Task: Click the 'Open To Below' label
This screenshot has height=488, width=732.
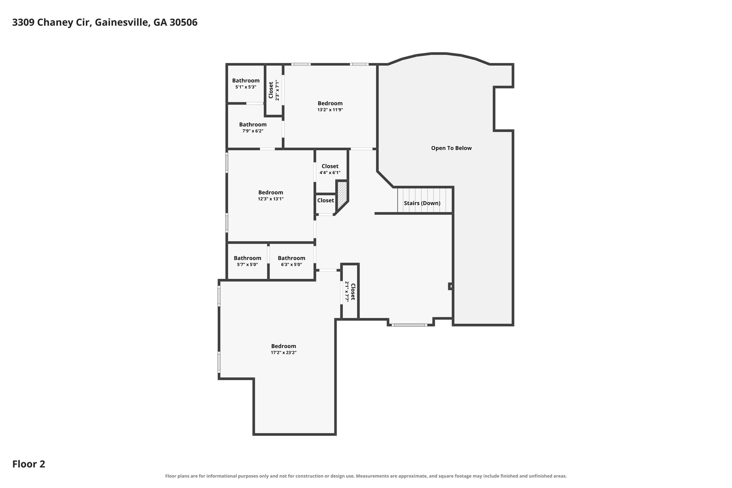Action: (x=451, y=148)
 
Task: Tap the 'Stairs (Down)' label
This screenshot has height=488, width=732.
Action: (x=422, y=203)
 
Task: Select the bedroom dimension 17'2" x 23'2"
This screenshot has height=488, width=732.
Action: (x=283, y=353)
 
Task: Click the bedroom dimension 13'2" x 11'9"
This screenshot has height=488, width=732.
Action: (x=330, y=110)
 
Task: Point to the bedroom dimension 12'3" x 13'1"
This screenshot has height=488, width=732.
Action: (x=271, y=199)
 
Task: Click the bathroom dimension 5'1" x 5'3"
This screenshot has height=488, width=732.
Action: (x=246, y=87)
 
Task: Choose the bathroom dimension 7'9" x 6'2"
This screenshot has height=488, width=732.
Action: (x=253, y=131)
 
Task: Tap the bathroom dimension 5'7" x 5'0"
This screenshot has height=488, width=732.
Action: (x=247, y=265)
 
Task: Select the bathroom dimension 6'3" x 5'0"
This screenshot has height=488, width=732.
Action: (x=291, y=265)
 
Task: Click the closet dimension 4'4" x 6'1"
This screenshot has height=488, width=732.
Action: (x=330, y=173)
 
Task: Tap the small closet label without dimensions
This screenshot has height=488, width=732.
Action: (x=326, y=201)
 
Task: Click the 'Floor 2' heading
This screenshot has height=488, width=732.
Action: (x=29, y=464)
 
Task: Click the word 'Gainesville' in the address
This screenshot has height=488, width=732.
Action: (x=122, y=23)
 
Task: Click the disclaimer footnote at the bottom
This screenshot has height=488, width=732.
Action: (x=366, y=476)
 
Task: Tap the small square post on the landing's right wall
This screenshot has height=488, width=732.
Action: (x=451, y=286)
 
